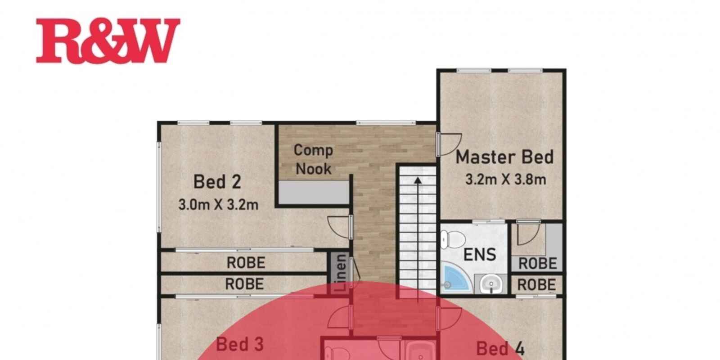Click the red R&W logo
click(108, 40)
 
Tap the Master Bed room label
click(504, 157)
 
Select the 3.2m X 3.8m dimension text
click(506, 180)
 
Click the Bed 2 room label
click(217, 182)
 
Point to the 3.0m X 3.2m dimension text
click(218, 205)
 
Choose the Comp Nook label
click(313, 159)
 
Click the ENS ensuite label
click(480, 255)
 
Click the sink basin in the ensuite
click(491, 284)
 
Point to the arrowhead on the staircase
click(418, 180)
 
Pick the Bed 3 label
click(240, 344)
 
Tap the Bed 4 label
click(500, 348)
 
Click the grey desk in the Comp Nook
click(313, 192)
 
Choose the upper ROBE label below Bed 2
click(246, 263)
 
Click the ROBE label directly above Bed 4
click(536, 285)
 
